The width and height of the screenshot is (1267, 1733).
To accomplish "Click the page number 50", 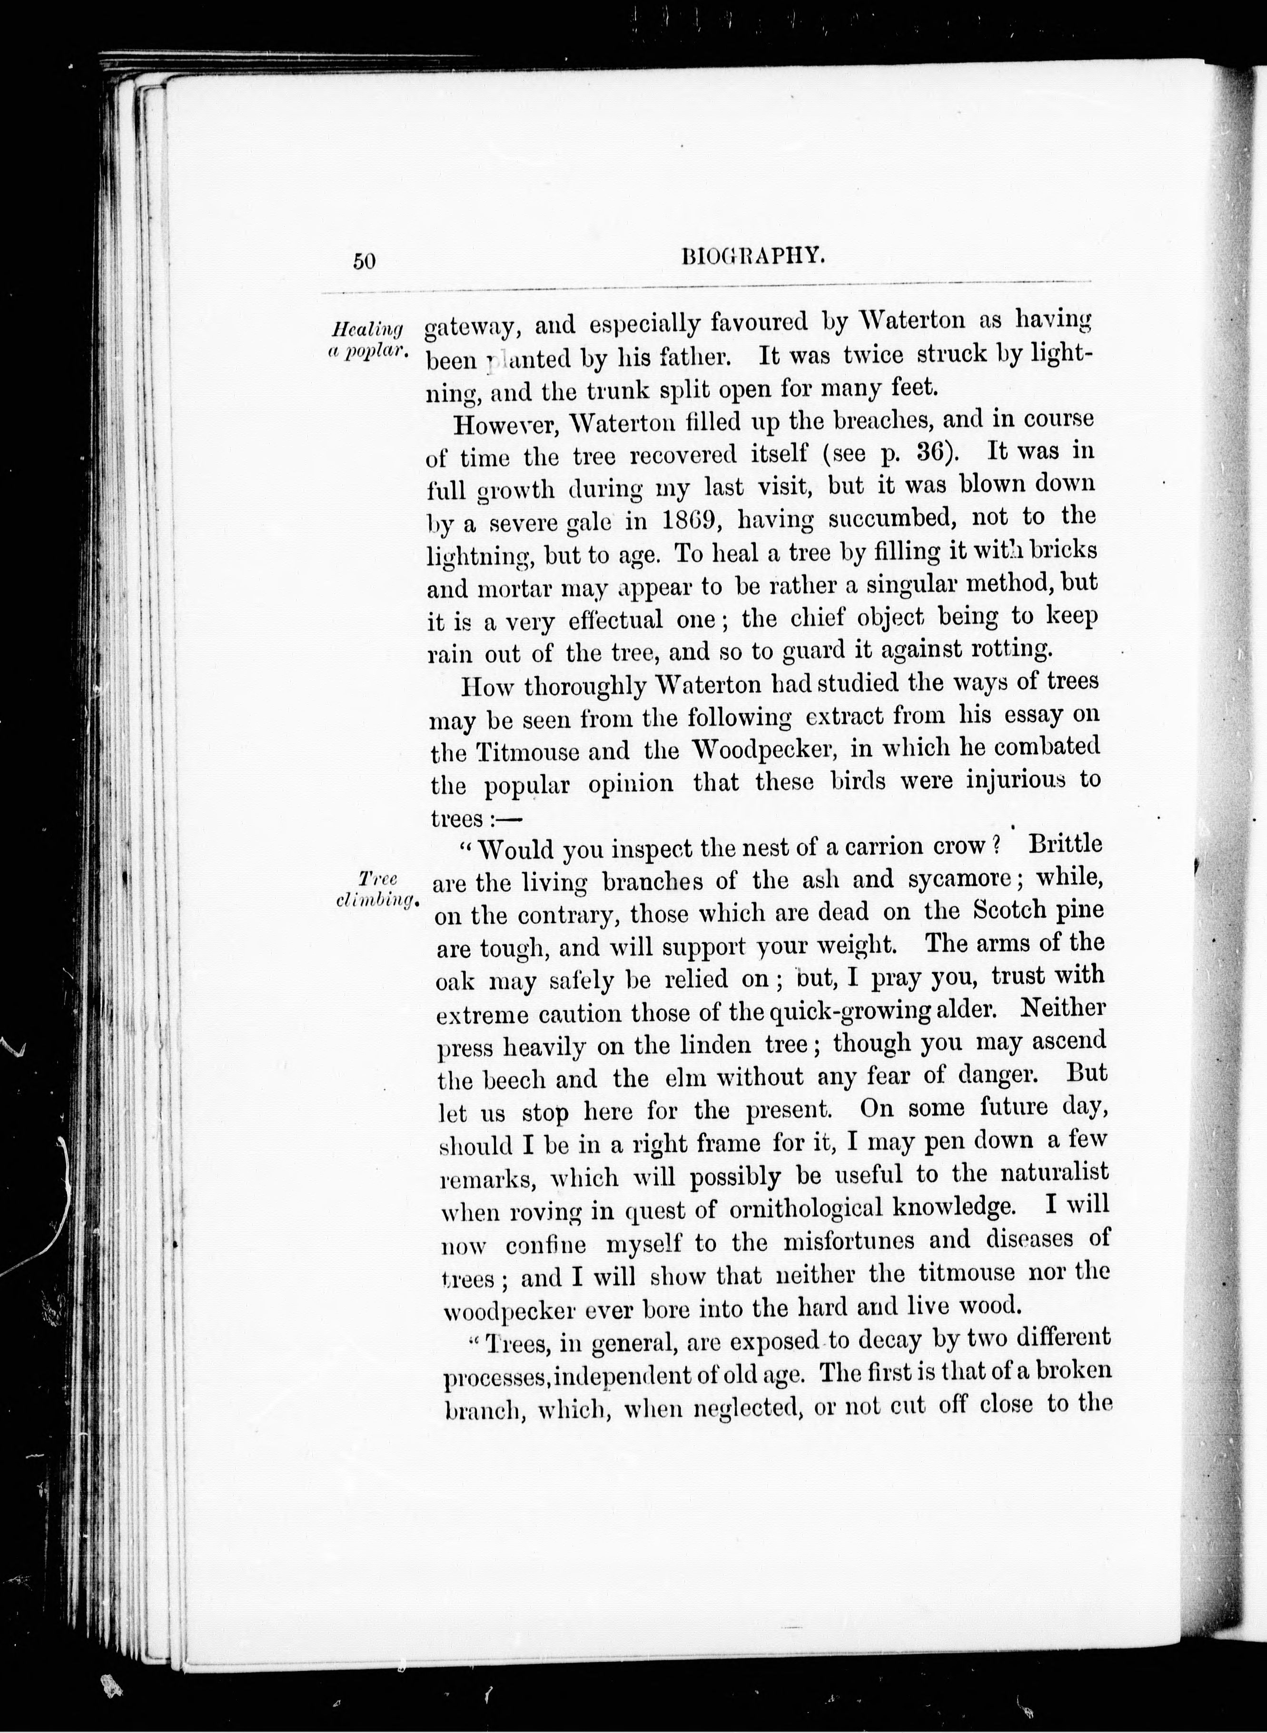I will tap(364, 261).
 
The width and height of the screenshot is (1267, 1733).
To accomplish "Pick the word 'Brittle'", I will tap(1065, 844).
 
